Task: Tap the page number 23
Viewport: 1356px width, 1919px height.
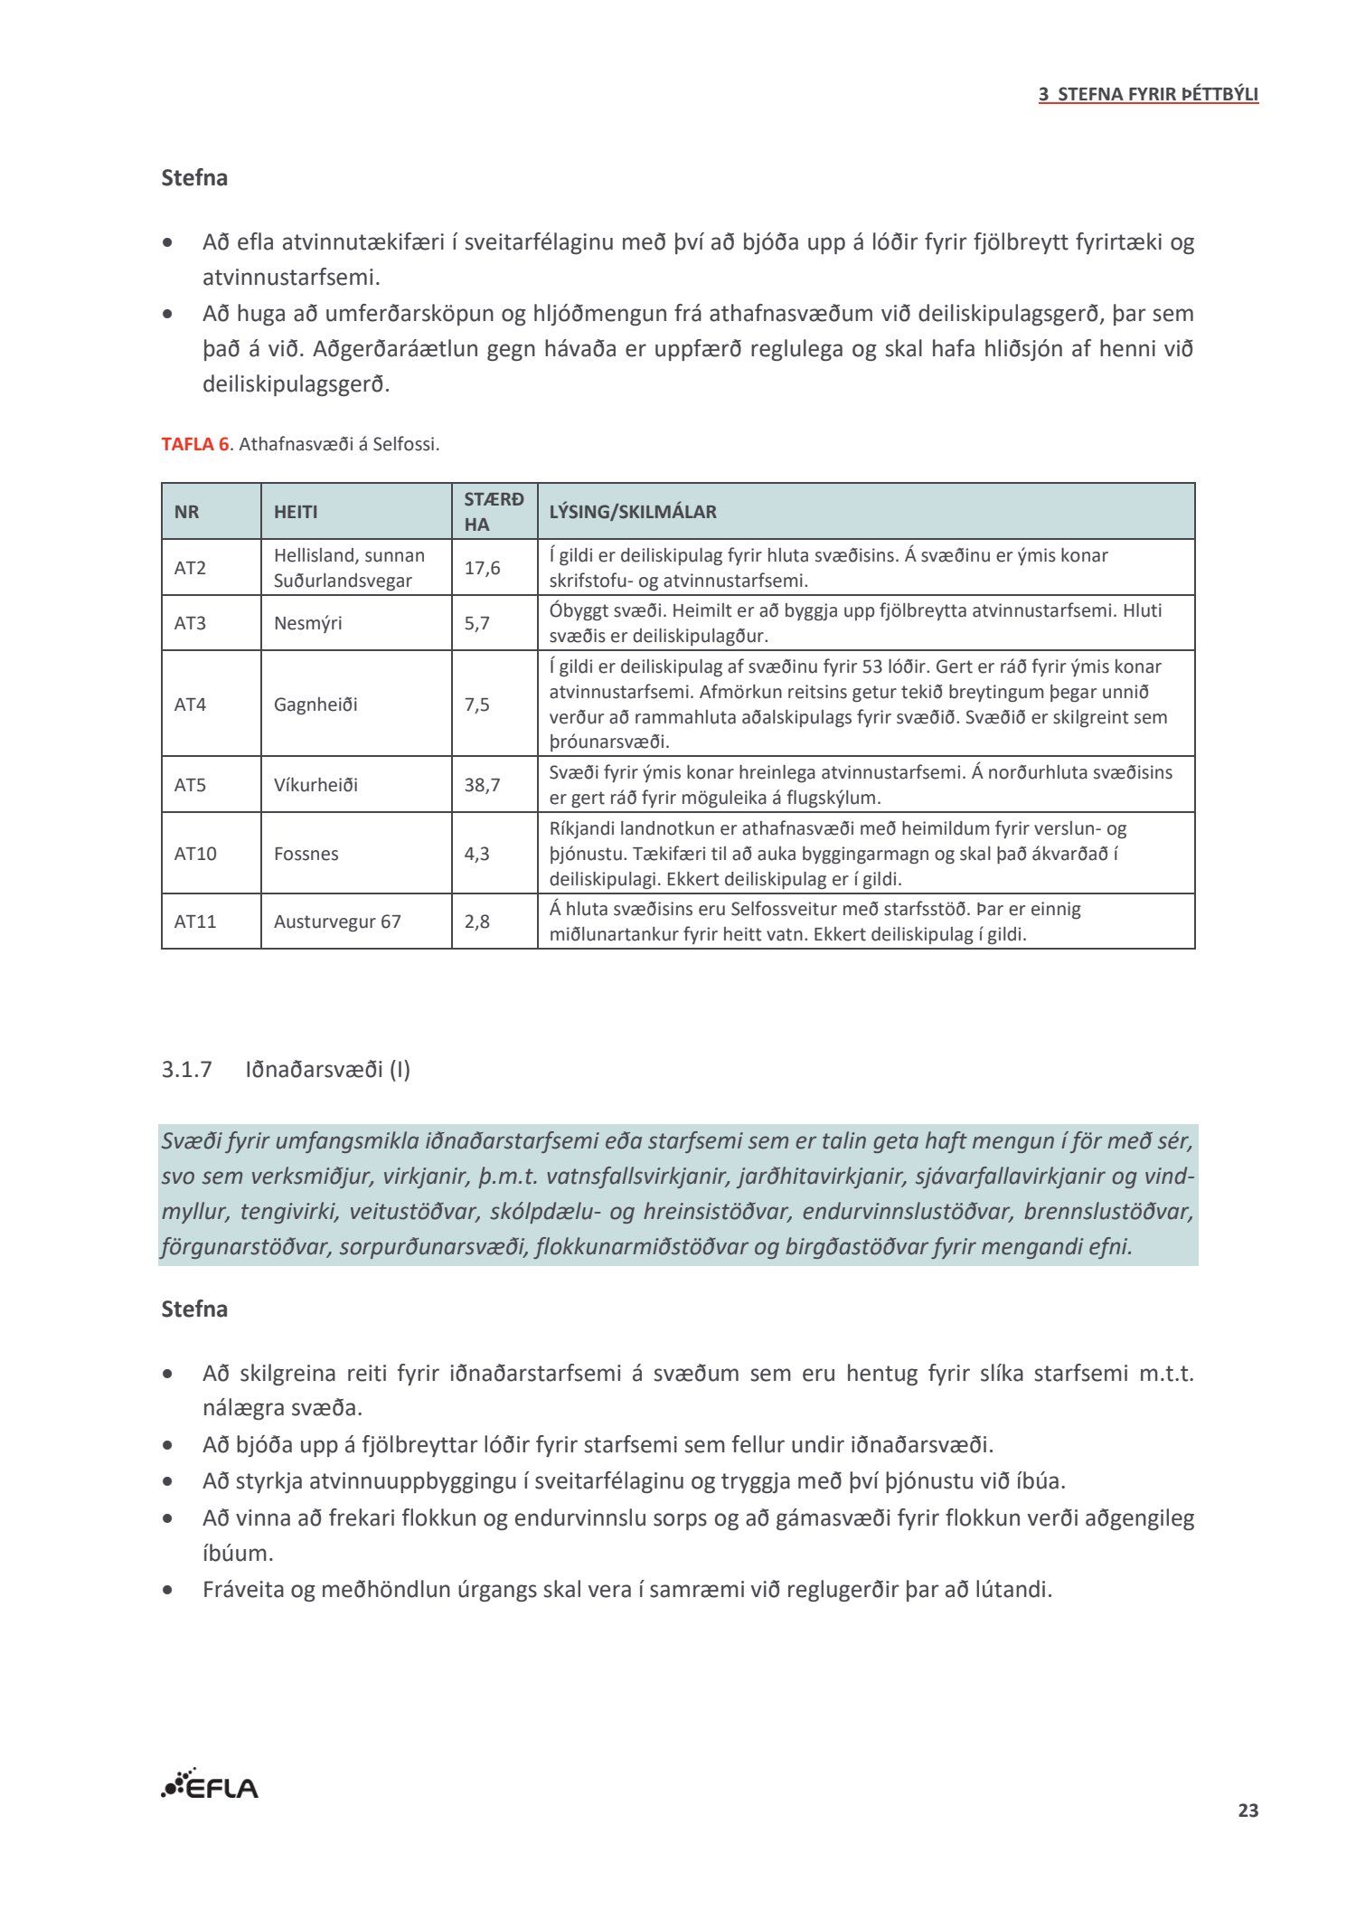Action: pyautogui.click(x=1248, y=1810)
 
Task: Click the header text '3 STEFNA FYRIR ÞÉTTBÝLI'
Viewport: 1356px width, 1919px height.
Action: pyautogui.click(x=1148, y=94)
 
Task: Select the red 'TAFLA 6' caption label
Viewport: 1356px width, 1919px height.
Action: pyautogui.click(x=194, y=444)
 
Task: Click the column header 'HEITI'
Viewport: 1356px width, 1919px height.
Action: pyautogui.click(x=296, y=512)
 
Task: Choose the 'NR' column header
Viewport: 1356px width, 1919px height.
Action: pyautogui.click(x=186, y=512)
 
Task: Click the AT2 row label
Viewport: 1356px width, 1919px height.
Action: pyautogui.click(x=190, y=568)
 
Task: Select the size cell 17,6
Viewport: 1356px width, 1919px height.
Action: pyautogui.click(x=482, y=568)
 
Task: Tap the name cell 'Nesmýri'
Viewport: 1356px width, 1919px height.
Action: pyautogui.click(x=307, y=623)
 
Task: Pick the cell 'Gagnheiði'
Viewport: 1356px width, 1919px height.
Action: pyautogui.click(x=315, y=704)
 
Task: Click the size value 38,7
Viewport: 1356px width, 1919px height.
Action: pyautogui.click(x=482, y=785)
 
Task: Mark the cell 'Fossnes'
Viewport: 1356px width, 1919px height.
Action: pyautogui.click(x=306, y=854)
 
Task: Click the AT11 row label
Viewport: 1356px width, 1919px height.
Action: pyautogui.click(x=194, y=922)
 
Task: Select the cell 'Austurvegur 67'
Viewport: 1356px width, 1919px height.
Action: pyautogui.click(x=337, y=922)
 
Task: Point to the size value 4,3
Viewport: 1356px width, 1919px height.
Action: pyautogui.click(x=476, y=854)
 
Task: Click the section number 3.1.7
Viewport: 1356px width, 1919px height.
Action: pyautogui.click(x=186, y=1070)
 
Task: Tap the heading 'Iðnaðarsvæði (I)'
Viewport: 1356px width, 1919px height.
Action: pyautogui.click(x=327, y=1070)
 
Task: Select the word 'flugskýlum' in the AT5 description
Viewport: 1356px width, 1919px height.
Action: pyautogui.click(x=832, y=798)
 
